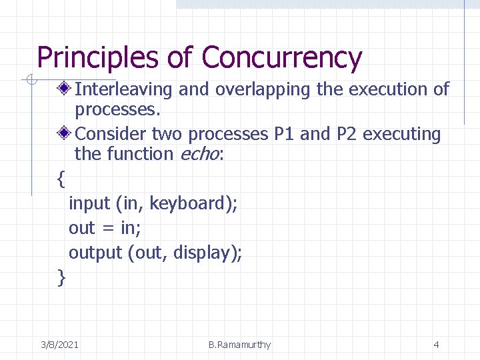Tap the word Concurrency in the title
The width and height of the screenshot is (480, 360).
click(281, 58)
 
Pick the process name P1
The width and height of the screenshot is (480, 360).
click(285, 134)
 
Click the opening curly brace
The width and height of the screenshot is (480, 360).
click(61, 179)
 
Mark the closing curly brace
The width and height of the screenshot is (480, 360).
click(62, 277)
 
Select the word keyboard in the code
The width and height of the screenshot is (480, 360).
click(189, 203)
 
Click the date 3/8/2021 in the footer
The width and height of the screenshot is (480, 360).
click(59, 345)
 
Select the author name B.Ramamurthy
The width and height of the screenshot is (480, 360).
click(239, 345)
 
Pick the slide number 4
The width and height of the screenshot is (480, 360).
click(436, 345)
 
